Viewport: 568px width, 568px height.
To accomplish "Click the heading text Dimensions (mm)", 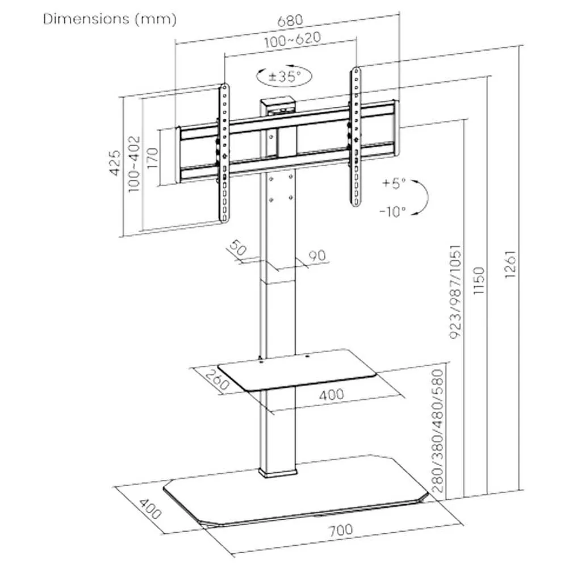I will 110,19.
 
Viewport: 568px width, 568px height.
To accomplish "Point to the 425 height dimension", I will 115,163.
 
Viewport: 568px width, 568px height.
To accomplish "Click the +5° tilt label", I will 394,183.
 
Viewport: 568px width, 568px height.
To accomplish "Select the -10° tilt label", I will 392,211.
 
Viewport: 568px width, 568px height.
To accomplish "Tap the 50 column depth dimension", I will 237,248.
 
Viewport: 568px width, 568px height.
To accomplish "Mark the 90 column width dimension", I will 317,257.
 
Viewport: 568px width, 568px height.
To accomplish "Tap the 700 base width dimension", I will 340,531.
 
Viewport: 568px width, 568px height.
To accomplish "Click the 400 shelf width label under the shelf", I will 331,394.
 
